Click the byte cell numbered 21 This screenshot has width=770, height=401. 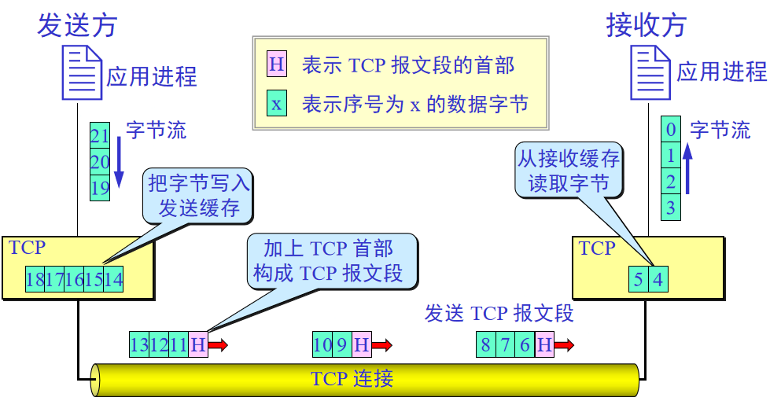click(100, 135)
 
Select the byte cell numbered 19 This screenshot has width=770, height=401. click(100, 189)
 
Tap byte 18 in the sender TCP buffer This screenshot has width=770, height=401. click(35, 279)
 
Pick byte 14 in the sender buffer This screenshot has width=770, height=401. click(113, 279)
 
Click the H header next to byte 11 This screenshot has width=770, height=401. click(198, 344)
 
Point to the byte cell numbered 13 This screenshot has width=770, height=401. click(139, 344)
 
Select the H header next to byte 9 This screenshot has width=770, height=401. click(362, 344)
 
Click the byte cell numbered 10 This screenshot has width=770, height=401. click(322, 344)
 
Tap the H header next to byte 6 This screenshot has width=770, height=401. click(544, 344)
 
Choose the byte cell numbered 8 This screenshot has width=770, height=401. click(486, 344)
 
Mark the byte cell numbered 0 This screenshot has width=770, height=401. click(670, 130)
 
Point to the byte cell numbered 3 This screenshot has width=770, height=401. click(670, 208)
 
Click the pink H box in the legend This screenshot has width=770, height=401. click(277, 64)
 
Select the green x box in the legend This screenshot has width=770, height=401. click(277, 103)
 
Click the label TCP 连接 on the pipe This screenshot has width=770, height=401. click(352, 380)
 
